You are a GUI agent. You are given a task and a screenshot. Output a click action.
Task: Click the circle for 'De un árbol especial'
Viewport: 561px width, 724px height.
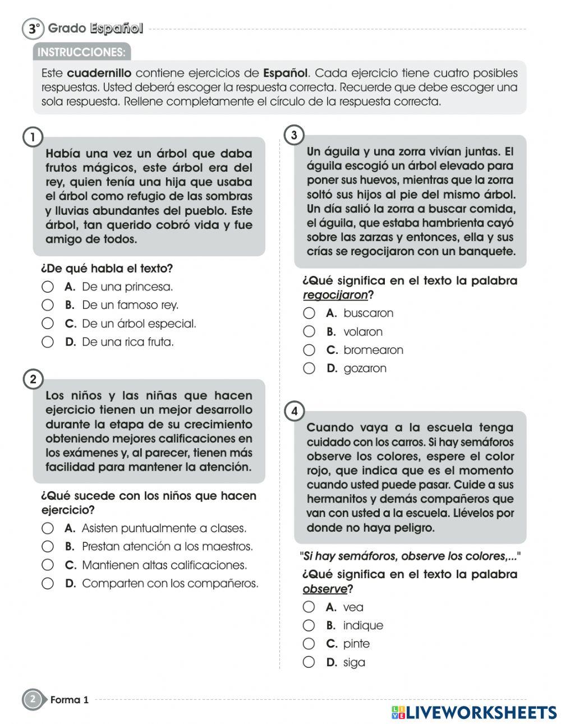coord(48,324)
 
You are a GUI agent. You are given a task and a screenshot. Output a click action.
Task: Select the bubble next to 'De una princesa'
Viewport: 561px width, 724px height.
coord(48,287)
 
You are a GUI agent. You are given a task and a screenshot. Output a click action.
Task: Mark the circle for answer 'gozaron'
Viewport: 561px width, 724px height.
coord(309,368)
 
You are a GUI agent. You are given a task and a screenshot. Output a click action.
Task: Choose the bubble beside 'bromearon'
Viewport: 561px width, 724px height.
coord(309,350)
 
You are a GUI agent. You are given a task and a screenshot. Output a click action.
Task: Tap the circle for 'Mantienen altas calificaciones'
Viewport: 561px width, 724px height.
coord(48,565)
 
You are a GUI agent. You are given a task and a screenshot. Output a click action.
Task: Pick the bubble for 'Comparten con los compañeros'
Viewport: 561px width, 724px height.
coord(48,583)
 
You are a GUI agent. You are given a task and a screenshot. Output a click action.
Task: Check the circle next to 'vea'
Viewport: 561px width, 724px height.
coord(309,607)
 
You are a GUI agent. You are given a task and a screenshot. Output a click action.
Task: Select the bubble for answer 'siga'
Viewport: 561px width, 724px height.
coord(309,662)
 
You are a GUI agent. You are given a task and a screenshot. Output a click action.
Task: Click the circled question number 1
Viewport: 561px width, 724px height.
coord(33,137)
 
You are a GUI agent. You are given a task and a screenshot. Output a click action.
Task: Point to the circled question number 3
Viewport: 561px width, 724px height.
coord(295,135)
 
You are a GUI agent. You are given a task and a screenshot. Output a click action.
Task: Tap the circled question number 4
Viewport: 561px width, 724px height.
coord(295,411)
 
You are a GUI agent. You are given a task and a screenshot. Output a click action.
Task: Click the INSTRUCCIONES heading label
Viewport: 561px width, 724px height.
coord(81,52)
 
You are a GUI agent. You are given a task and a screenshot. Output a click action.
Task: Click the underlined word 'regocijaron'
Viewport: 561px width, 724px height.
coord(335,295)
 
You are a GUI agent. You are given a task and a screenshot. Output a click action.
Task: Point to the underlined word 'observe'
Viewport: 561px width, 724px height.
coord(325,589)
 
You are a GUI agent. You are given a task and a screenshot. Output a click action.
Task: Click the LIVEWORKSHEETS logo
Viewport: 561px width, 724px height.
coord(474,712)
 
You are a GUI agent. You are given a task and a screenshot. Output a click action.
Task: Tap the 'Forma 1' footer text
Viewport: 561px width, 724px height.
coord(70,700)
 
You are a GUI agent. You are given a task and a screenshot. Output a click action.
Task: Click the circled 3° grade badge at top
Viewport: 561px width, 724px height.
coord(33,29)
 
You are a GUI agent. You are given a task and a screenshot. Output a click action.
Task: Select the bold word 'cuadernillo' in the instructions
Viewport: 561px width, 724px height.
coord(99,73)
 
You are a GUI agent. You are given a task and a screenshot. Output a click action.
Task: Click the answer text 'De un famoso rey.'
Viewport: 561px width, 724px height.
coord(130,305)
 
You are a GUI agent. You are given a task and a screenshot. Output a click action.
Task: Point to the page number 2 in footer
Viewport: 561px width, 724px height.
coord(33,699)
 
